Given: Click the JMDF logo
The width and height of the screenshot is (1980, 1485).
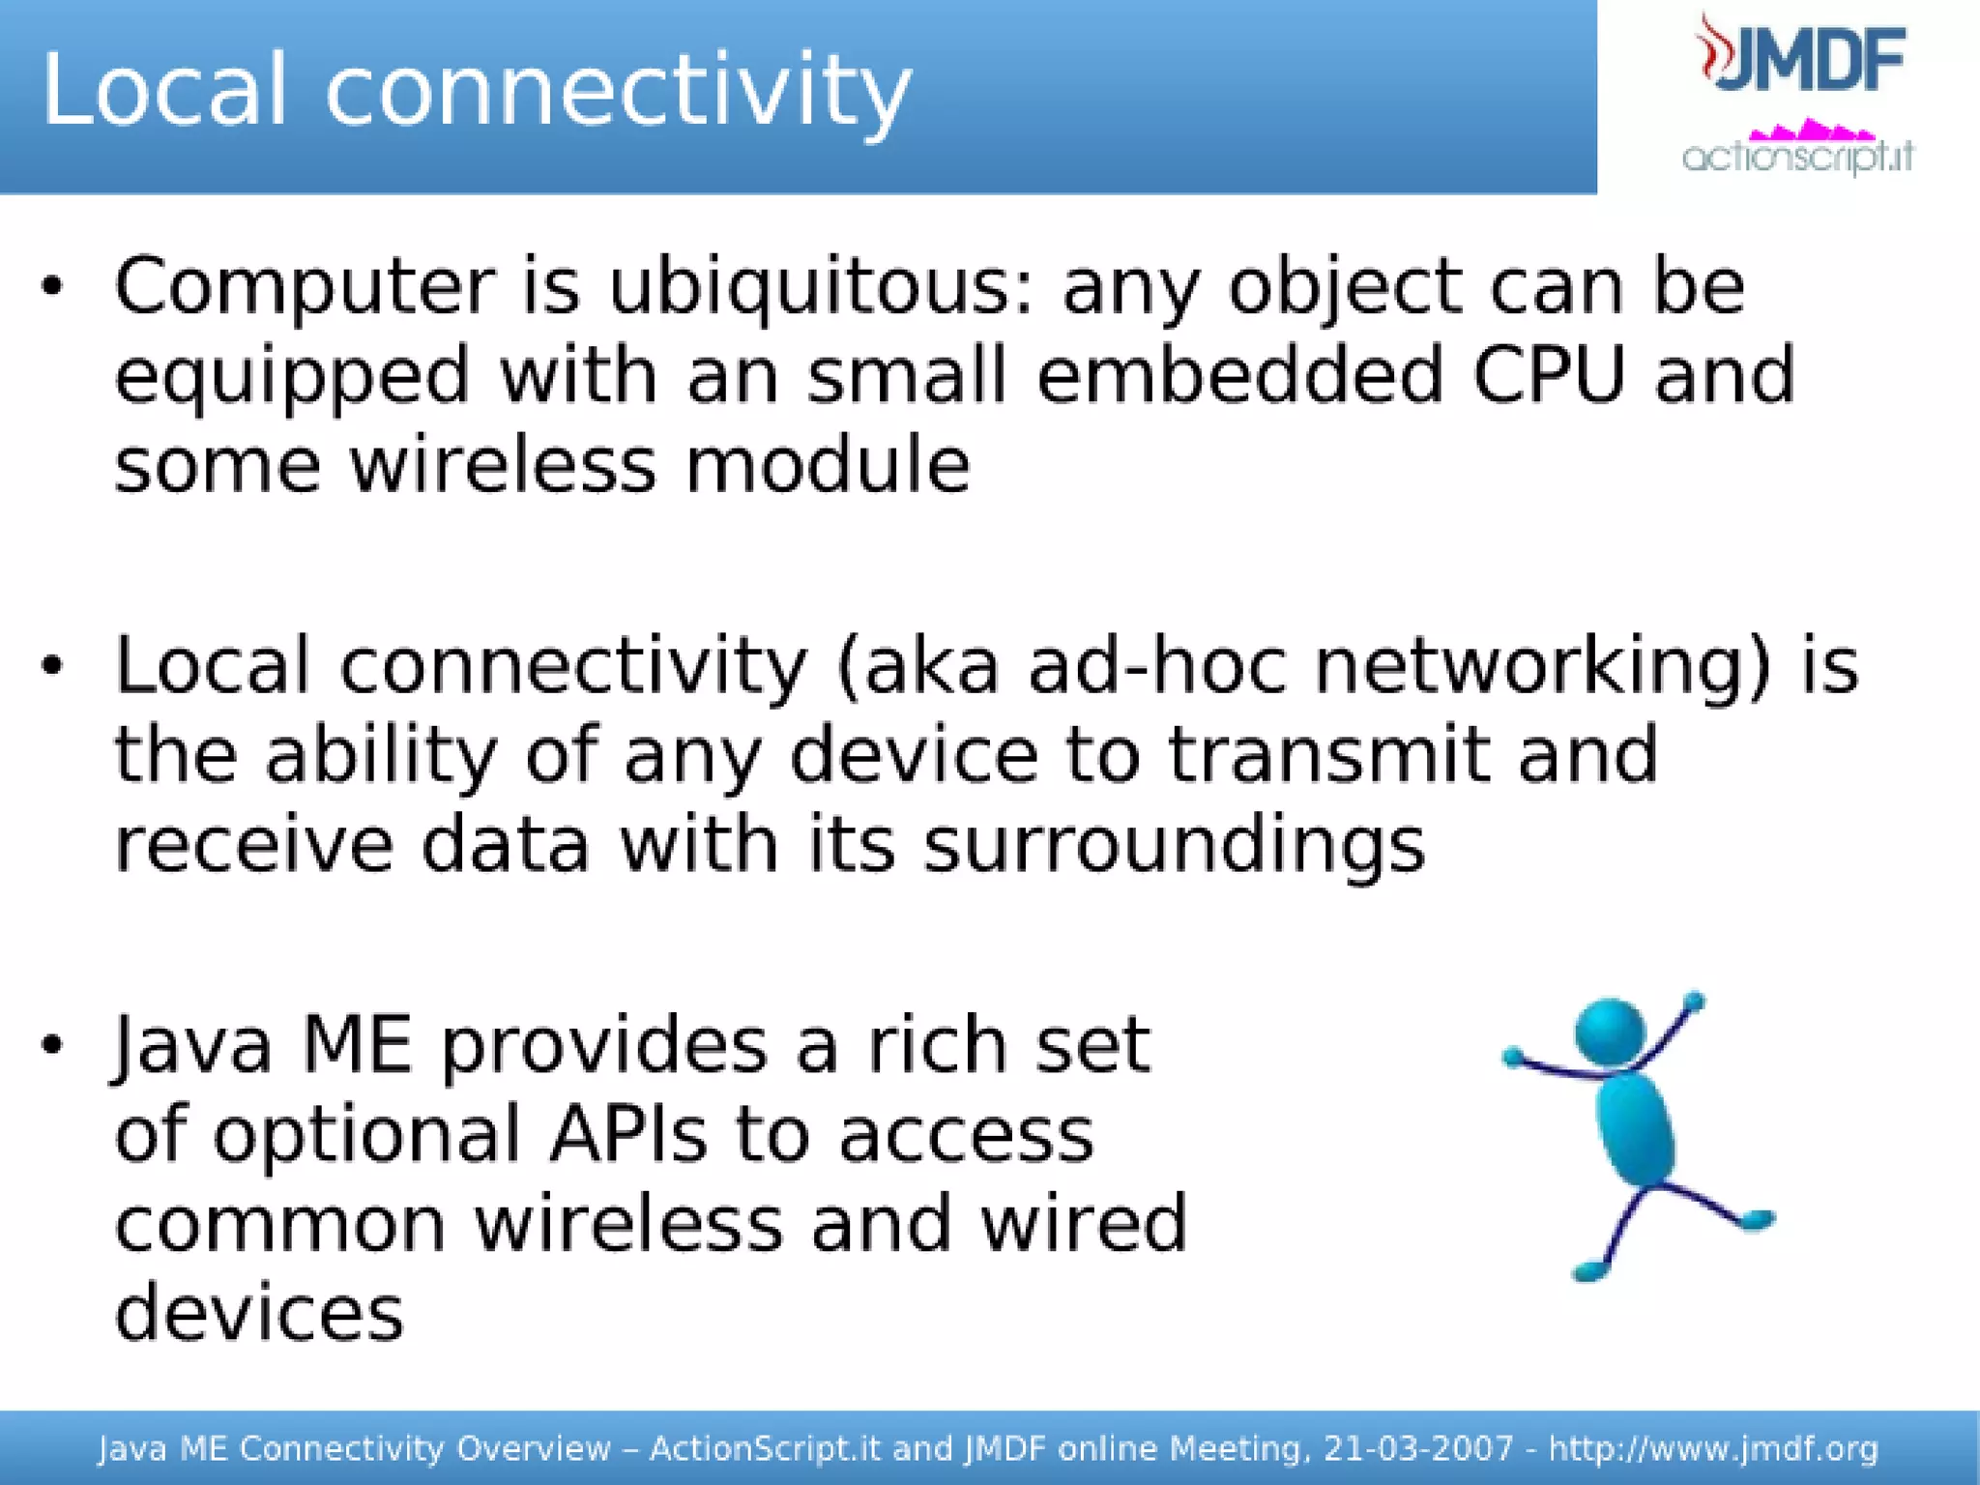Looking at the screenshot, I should (x=1804, y=57).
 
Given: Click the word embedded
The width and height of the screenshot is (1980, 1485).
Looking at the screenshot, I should (x=1240, y=375).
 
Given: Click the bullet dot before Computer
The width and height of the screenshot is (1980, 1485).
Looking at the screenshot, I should (x=52, y=286).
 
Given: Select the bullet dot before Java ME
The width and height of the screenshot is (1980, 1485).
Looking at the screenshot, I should (x=52, y=1045).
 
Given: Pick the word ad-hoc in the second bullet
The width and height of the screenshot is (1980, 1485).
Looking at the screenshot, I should (x=1157, y=666).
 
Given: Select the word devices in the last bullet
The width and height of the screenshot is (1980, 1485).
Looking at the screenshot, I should (x=259, y=1314).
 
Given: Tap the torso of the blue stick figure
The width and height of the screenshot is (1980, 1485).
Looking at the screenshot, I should (x=1634, y=1127).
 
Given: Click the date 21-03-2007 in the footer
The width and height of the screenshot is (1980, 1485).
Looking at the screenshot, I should (x=1417, y=1449).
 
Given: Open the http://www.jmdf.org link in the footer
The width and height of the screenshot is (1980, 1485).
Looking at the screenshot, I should (x=1713, y=1449).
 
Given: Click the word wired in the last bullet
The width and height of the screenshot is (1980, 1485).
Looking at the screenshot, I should (x=1084, y=1224).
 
